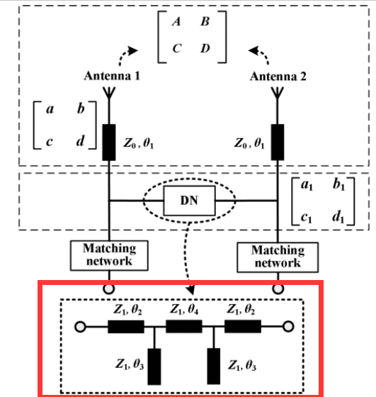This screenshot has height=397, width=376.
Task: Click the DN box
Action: pos(189,201)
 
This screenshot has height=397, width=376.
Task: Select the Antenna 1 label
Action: pos(112,76)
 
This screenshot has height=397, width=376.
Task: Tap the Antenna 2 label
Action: pos(278,77)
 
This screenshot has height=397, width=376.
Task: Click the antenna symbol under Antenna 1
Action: pos(109,93)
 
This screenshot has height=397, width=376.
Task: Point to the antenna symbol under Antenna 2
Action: pos(278,93)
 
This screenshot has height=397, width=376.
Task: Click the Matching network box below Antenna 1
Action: pos(109,255)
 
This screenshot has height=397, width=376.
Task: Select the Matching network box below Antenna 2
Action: pos(278,257)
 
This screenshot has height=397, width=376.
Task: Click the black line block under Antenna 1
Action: pos(109,142)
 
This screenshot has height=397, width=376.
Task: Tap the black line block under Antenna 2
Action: pos(278,142)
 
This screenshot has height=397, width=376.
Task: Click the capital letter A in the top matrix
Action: pos(176,21)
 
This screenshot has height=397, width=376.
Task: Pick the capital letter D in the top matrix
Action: pos(205,48)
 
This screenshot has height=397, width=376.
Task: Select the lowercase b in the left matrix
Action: pos(81,108)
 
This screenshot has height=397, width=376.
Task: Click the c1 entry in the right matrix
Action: pos(307,218)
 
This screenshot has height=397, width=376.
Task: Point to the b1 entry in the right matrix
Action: pos(338,184)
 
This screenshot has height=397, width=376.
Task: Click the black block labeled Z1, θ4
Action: pos(184,326)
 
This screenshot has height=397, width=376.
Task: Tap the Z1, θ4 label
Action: pos(184,309)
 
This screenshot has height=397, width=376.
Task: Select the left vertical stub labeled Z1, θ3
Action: pos(154,367)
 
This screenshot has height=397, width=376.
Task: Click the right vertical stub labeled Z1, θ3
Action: pos(213,367)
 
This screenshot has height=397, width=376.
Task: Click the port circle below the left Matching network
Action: pos(109,289)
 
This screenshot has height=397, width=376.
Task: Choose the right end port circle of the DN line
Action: pos(288,327)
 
